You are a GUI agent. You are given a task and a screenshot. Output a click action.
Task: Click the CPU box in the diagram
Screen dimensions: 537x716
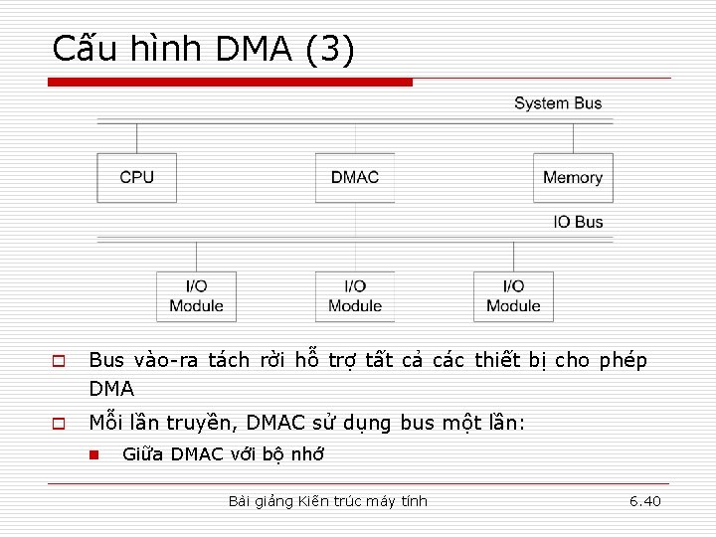tap(136, 178)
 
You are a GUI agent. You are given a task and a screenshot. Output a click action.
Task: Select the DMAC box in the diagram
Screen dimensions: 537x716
tap(355, 178)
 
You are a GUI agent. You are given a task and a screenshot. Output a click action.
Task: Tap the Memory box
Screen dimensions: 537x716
tap(573, 178)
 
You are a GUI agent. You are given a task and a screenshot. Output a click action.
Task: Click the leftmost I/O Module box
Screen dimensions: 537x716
tap(196, 296)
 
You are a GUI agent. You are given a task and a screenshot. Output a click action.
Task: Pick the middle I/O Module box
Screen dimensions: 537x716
tap(355, 296)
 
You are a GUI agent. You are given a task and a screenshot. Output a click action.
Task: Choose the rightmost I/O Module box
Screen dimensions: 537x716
tap(513, 296)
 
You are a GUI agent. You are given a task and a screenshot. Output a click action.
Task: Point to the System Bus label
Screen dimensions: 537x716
tap(558, 103)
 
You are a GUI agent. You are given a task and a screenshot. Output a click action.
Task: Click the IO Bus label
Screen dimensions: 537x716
tap(578, 222)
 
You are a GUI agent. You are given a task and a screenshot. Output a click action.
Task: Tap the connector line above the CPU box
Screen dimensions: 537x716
tap(136, 137)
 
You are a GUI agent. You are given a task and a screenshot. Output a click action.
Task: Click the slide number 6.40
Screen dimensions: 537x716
tap(644, 501)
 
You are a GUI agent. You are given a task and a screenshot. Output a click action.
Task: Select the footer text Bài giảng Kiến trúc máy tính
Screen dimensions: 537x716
tap(327, 501)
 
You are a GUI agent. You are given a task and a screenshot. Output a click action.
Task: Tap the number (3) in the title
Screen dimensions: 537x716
tap(330, 49)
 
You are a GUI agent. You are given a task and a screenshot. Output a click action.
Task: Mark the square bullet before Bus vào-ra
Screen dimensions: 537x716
tap(59, 361)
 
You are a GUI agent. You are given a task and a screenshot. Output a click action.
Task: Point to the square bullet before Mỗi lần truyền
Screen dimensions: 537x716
tap(59, 424)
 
